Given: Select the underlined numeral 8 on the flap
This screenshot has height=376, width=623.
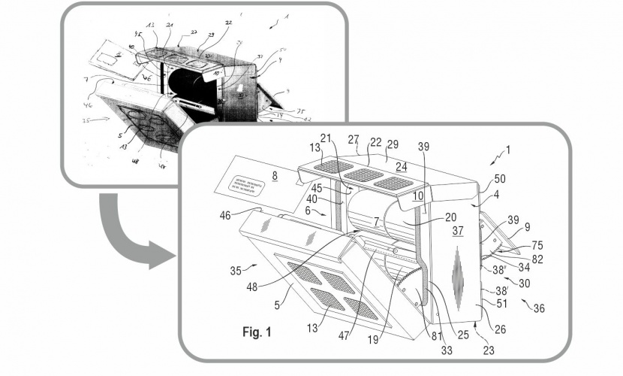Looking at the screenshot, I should (x=275, y=174).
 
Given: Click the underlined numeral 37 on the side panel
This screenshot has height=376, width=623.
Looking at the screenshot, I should (x=458, y=233).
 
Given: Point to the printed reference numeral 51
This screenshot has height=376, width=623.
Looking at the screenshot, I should (x=498, y=305).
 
